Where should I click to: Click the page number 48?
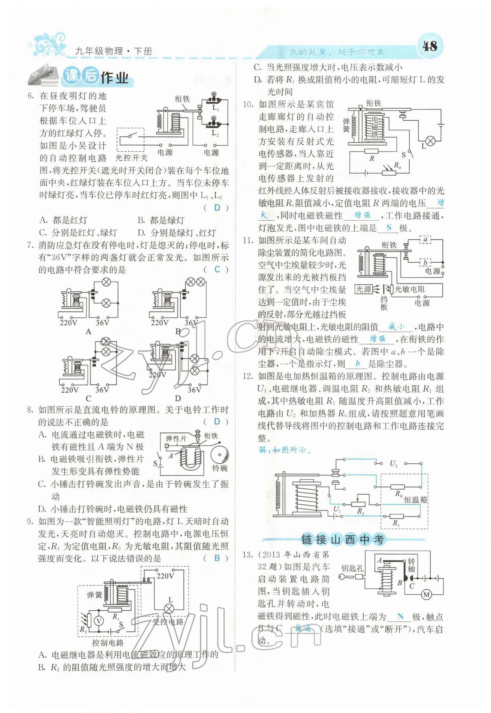429,46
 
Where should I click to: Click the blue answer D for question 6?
217,208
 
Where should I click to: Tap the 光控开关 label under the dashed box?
132,158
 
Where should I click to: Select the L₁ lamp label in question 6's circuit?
216,107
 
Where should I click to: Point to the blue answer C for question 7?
217,269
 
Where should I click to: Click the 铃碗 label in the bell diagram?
220,468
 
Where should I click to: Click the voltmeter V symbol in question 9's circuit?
99,621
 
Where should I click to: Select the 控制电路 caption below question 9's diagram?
108,643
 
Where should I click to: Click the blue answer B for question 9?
217,558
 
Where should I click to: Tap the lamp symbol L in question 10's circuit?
431,140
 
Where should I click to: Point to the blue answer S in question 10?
389,227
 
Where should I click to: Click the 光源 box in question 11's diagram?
363,289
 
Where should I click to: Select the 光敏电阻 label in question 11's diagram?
410,289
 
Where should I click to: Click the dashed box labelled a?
425,239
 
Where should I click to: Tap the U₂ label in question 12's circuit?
394,464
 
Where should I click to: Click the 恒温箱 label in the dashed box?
415,500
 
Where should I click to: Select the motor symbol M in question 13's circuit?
427,595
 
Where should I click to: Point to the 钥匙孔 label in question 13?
352,568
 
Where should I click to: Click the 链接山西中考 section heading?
343,540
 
